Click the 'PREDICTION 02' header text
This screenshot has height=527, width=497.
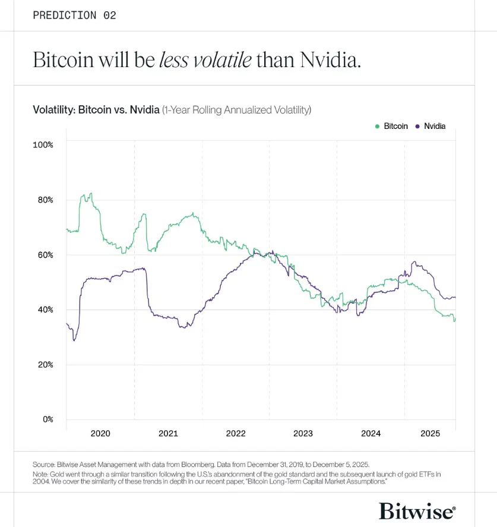click(74, 15)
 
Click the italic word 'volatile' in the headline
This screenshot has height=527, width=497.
click(219, 60)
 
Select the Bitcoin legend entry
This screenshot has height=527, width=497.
click(392, 126)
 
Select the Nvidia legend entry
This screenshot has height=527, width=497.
click(430, 126)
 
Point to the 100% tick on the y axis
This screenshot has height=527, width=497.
click(43, 145)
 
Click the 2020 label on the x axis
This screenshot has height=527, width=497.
click(100, 434)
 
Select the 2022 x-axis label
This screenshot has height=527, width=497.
click(236, 434)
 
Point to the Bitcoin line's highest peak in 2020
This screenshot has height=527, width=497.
click(90, 194)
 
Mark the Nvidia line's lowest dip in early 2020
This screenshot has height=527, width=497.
click(74, 340)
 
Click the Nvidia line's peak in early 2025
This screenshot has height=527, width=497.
click(414, 262)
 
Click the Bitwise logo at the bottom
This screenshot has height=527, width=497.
click(417, 510)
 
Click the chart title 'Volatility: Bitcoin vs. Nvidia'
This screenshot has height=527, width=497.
click(96, 110)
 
